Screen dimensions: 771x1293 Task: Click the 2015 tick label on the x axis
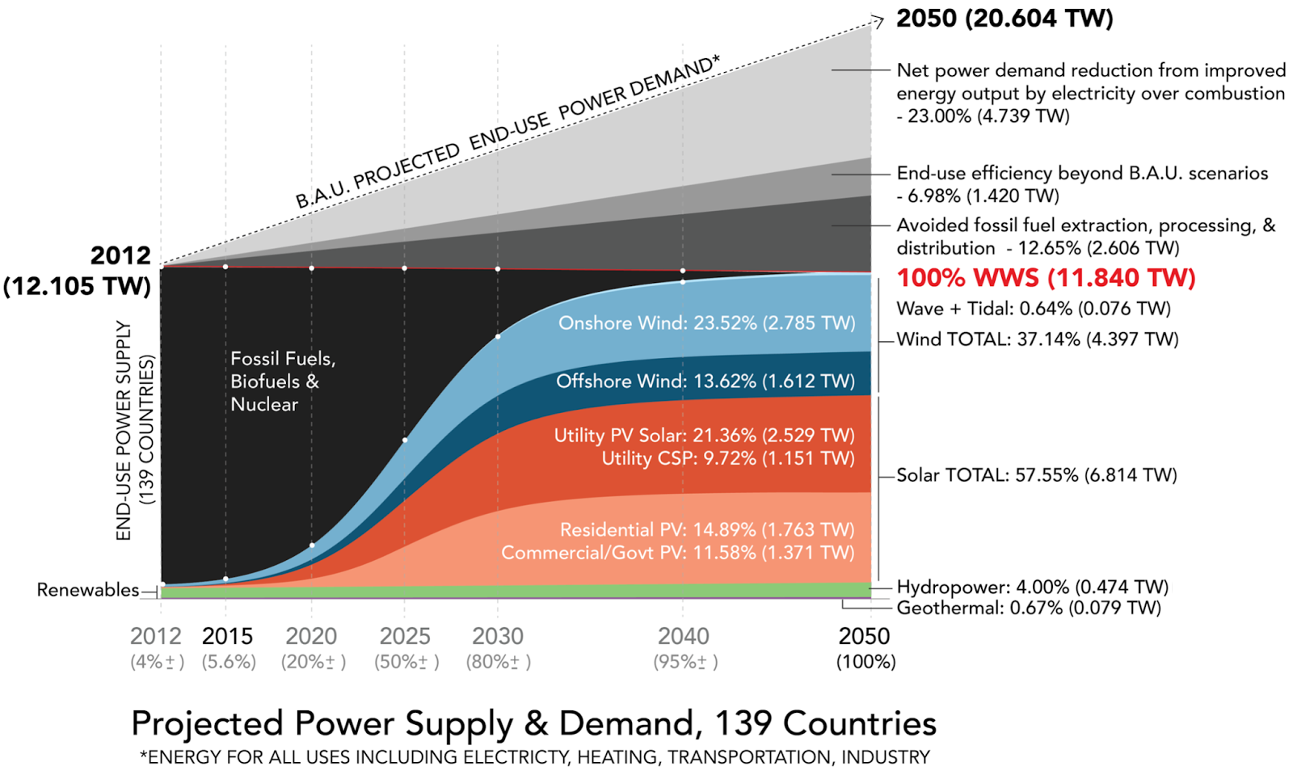(x=227, y=636)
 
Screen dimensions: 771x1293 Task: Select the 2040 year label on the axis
(x=684, y=636)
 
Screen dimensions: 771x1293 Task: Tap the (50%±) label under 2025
(x=406, y=662)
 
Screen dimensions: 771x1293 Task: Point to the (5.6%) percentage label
(x=229, y=662)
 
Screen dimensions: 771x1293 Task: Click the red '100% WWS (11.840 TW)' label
(x=1046, y=278)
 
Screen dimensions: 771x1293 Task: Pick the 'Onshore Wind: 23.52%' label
(x=706, y=323)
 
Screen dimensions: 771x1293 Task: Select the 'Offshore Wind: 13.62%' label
(x=705, y=381)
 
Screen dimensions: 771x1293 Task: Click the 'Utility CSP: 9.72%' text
(x=727, y=458)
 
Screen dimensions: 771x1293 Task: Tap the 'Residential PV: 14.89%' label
(x=707, y=529)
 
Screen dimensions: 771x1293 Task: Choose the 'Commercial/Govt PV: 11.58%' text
(x=677, y=553)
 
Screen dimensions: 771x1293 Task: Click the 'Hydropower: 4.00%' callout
(x=1032, y=587)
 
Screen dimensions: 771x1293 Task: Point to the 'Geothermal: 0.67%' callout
(x=1028, y=608)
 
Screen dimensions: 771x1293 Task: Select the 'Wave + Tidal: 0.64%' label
(x=1033, y=309)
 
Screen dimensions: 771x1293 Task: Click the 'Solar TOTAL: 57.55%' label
(x=1036, y=475)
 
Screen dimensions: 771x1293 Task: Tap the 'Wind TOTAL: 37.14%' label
(x=1037, y=339)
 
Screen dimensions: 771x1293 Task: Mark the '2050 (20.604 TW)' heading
(x=1004, y=19)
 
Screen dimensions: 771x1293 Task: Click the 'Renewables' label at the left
(x=87, y=590)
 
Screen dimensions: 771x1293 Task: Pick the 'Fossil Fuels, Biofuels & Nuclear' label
(x=282, y=381)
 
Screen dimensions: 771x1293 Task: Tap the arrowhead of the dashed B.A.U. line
(x=879, y=20)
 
